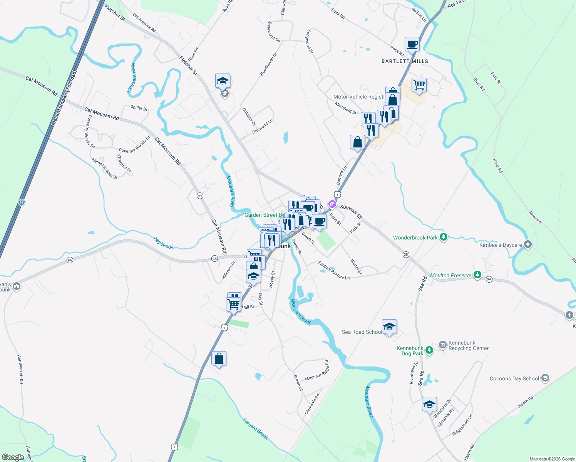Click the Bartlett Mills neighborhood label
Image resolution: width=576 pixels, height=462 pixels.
point(405,61)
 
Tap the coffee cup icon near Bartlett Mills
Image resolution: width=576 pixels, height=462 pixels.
point(412,44)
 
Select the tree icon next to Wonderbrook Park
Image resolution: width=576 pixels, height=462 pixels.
point(444,237)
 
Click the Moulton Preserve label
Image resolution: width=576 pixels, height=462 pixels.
point(450,275)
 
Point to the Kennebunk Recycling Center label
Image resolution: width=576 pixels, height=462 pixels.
point(468,345)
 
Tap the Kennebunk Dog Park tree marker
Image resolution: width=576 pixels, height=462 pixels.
point(429,350)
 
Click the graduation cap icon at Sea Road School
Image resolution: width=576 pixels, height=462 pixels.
point(389,327)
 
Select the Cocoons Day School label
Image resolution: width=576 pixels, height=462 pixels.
point(514,378)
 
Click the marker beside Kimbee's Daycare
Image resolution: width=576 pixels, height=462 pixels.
point(528,244)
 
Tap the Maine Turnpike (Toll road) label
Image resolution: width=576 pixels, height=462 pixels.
point(64,98)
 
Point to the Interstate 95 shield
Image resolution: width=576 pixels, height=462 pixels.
point(21,202)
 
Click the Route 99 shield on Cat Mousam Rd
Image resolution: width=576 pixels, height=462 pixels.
point(199,196)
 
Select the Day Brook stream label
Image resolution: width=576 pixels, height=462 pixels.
point(163,243)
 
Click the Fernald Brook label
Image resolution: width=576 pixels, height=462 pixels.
point(255,429)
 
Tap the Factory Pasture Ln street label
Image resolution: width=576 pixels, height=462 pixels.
point(334,271)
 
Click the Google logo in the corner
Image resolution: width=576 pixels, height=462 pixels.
point(13,457)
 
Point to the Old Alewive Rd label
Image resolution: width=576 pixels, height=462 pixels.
point(144,23)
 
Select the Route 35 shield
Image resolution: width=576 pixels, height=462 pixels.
point(405,254)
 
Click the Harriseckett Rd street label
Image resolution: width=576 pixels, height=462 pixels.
point(20,369)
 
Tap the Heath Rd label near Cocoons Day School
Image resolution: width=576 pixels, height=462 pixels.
point(526,402)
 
